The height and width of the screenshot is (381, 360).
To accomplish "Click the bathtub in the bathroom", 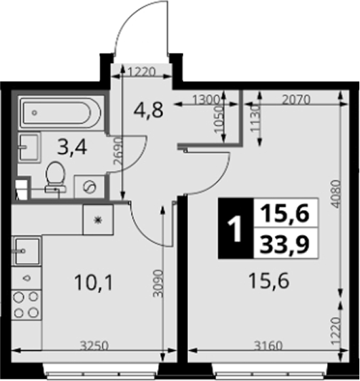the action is coord(60,112).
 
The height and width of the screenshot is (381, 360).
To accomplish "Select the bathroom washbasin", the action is coord(29,147).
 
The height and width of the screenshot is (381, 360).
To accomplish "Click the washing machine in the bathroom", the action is coord(89,187).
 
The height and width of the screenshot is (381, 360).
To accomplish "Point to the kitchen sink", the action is coord(27,251).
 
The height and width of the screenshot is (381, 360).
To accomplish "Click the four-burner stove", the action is coord(26,305).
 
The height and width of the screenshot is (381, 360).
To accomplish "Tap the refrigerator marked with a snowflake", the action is coord(98,220).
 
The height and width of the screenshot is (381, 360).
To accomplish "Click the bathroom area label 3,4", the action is coord(72,148).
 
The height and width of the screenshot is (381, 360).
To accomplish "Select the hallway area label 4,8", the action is coord(148,110).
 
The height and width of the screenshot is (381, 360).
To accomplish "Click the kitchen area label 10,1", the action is coord(94,283).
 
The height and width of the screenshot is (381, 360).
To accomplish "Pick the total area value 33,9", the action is coord(285,244).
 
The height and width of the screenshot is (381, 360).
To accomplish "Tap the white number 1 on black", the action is coord(235,229).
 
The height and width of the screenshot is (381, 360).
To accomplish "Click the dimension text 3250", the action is coord(94,345).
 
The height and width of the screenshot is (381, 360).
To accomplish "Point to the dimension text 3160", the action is coord(268,345).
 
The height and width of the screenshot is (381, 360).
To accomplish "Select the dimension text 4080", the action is coord(336,194).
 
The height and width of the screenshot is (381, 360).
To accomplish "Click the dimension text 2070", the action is coord(296,99).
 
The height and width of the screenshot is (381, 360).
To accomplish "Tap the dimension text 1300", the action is coord(206,99).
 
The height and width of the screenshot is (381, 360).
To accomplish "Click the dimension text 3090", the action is coord(158,283).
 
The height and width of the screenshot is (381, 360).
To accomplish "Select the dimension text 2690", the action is coord(117,152).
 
